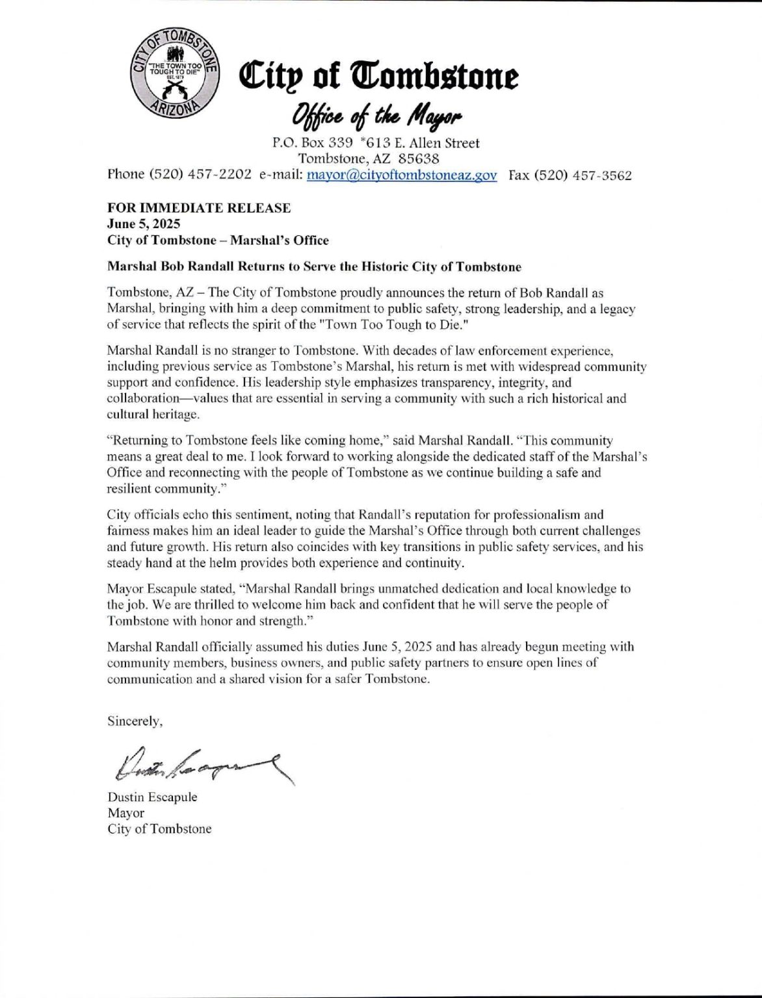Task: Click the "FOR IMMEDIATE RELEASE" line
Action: pyautogui.click(x=199, y=209)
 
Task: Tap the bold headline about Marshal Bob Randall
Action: pyautogui.click(x=315, y=266)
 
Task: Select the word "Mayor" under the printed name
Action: pyautogui.click(x=126, y=813)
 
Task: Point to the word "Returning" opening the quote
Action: pyautogui.click(x=138, y=441)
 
